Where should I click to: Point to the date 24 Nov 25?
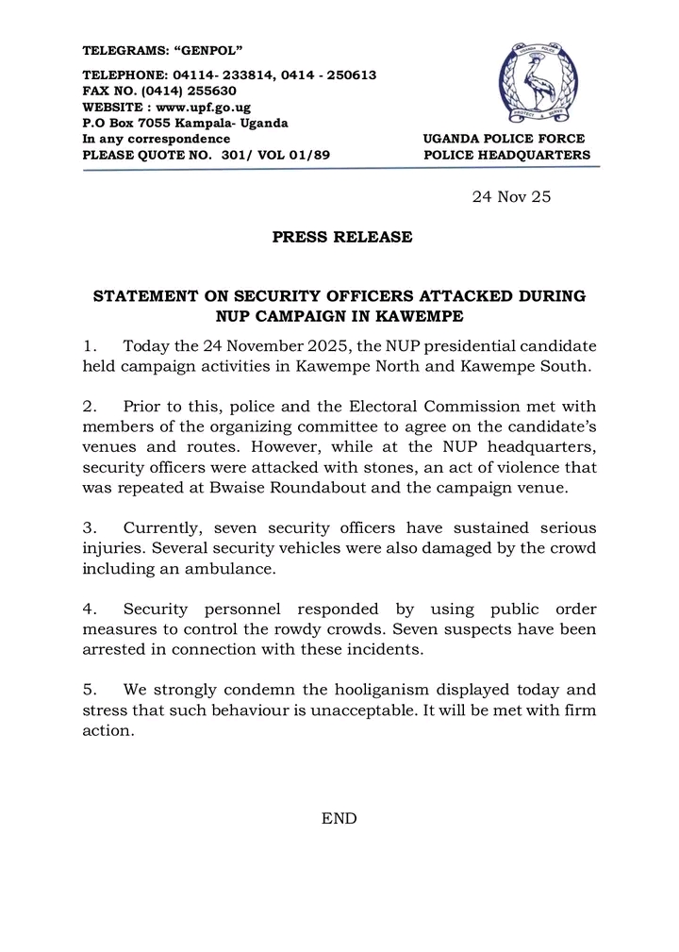[x=510, y=197]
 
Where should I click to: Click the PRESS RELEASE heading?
[x=342, y=237]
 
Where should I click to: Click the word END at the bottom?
[x=339, y=819]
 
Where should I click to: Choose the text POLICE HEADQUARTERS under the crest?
[x=507, y=155]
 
